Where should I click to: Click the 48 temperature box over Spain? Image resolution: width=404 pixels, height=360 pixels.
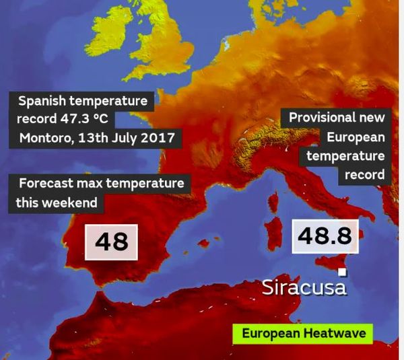pos(112,242)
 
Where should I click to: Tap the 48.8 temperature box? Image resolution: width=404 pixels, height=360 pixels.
pos(325,235)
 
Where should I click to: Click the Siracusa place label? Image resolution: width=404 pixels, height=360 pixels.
pos(304,287)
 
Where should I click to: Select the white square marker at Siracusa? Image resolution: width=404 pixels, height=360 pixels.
pos(342,272)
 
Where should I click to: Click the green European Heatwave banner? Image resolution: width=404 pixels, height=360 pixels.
pos(302,334)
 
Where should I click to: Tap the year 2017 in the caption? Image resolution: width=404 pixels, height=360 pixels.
pos(160,138)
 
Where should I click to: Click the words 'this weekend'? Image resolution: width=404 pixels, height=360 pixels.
pos(57,202)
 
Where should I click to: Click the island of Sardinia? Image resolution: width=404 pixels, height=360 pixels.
pos(275,232)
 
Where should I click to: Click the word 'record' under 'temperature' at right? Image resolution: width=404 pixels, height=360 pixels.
pos(366,174)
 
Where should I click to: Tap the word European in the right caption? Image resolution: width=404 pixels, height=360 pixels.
pos(356,137)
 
